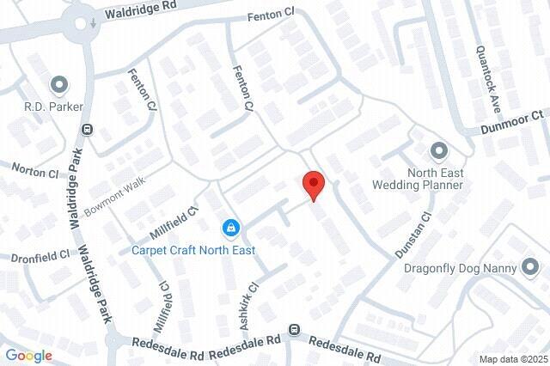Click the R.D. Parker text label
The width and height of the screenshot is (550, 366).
(x=52, y=108)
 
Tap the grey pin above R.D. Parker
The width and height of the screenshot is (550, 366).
(x=58, y=84)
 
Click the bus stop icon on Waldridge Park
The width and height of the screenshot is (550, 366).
(x=87, y=129)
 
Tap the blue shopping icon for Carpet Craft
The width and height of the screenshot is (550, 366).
(x=230, y=229)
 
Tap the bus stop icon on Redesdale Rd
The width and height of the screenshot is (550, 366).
(x=295, y=329)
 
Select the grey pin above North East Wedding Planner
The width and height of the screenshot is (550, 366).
(x=437, y=151)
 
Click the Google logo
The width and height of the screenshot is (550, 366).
(x=28, y=356)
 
